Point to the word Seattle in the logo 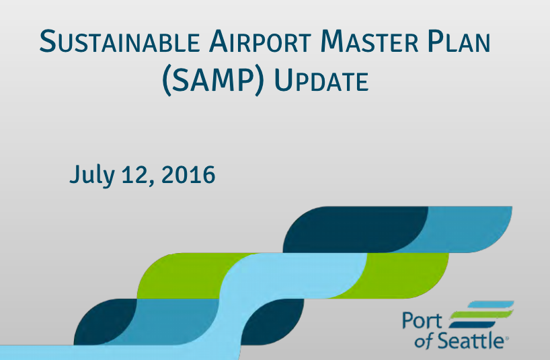point(471,341)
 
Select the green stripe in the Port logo point(479,314)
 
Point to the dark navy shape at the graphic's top point(350,229)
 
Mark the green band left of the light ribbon point(182,276)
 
